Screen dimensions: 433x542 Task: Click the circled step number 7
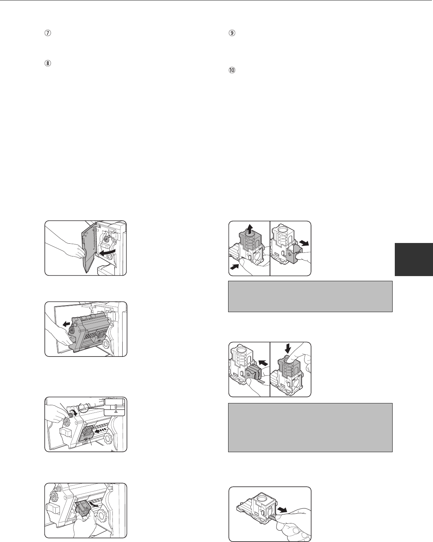pos(48,33)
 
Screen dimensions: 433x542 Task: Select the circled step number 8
pos(48,63)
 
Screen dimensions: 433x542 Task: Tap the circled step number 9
pos(232,33)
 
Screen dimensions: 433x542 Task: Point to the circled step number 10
pos(232,70)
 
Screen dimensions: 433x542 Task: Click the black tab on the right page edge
pos(414,259)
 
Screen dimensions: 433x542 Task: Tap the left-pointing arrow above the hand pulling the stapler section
pos(66,324)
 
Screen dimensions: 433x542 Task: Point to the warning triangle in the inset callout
pos(116,411)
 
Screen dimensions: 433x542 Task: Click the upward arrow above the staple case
pos(250,230)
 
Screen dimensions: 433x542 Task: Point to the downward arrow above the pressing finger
pos(287,348)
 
